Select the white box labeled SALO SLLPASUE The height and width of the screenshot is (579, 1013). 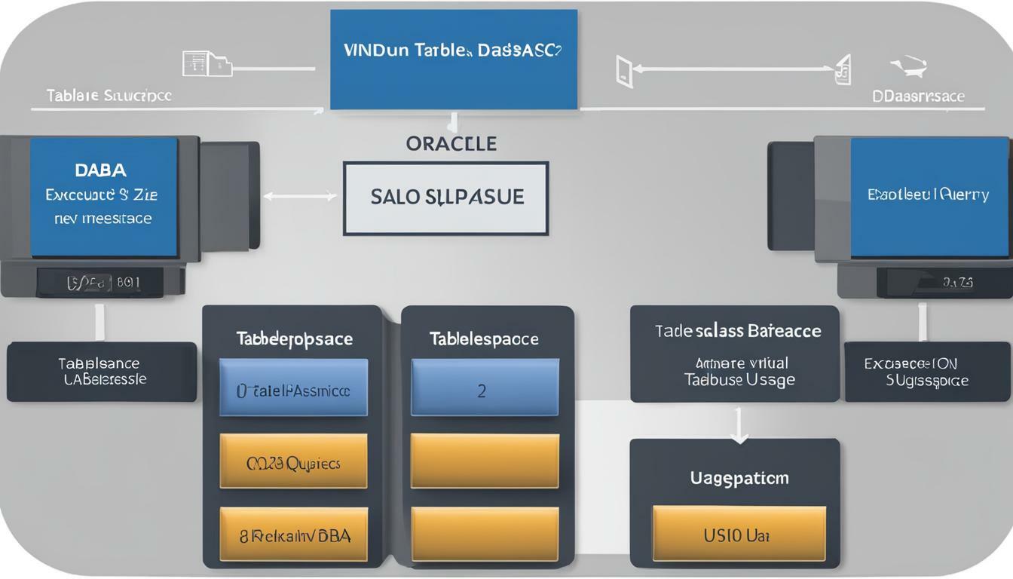coord(446,198)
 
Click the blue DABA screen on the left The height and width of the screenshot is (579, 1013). coord(103,197)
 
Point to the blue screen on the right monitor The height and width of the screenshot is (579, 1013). coord(929,197)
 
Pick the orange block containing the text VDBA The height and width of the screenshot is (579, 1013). coord(293,535)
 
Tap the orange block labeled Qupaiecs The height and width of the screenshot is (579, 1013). coord(293,461)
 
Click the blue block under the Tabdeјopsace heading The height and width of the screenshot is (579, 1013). coord(293,388)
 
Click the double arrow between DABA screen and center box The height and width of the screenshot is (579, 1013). coord(300,197)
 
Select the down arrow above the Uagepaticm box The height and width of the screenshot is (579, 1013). coord(739,426)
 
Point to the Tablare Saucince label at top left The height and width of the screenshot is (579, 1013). coord(109,96)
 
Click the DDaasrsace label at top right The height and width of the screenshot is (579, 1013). coord(917,96)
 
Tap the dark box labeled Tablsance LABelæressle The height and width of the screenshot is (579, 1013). coord(102,372)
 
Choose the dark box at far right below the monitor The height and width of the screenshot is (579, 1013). coord(926,372)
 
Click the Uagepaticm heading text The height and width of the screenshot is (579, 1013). coord(739,478)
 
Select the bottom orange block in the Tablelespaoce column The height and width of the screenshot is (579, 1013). coord(484,534)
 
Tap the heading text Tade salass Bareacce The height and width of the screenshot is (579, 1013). coord(737,331)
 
